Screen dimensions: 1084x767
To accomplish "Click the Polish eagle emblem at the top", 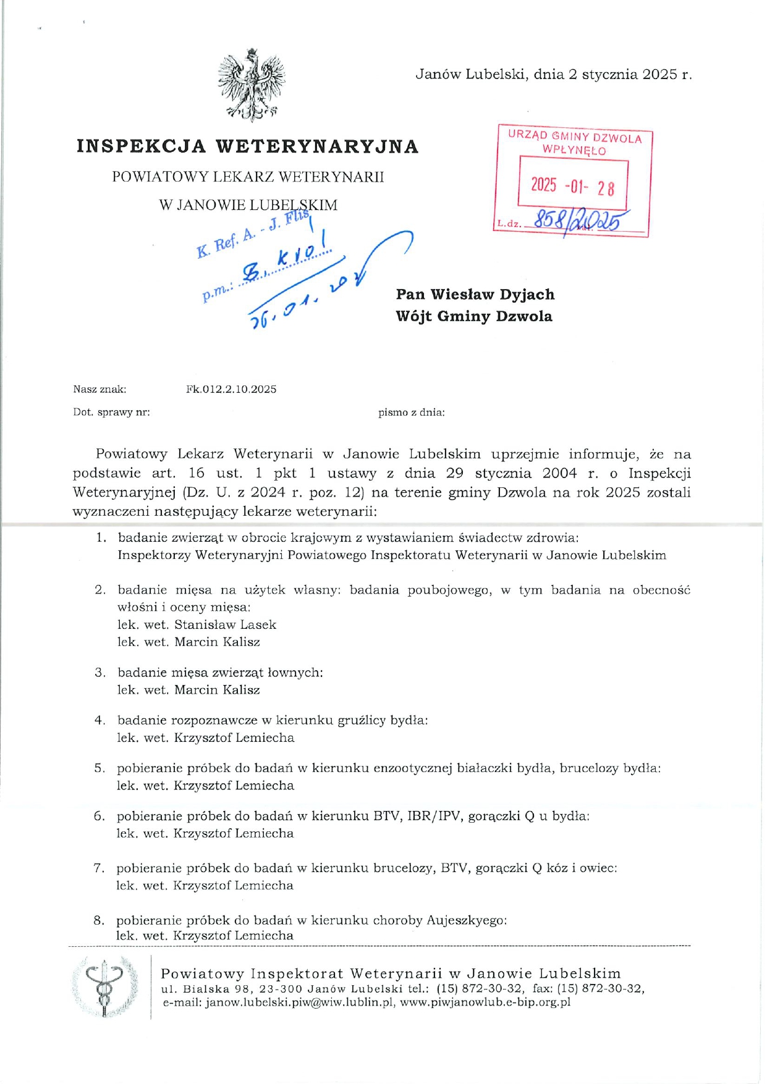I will (x=252, y=85).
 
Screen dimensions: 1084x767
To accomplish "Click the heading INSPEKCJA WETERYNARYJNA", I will (x=248, y=146).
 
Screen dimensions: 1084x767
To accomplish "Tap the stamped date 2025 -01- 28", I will (x=572, y=186).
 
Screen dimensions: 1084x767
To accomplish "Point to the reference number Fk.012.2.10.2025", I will (x=231, y=389).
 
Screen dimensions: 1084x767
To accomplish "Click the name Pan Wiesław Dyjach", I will (x=475, y=294).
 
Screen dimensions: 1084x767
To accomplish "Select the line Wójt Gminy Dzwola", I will (x=474, y=316).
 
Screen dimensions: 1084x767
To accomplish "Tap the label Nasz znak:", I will (x=100, y=389).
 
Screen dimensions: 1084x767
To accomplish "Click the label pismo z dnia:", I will (x=411, y=412).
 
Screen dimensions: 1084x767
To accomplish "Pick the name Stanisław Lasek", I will (x=225, y=624).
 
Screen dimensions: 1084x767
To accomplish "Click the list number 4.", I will (x=100, y=720).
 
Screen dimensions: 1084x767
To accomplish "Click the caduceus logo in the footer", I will (x=105, y=986).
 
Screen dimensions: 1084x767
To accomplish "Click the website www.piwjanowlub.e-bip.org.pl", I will (x=485, y=1002).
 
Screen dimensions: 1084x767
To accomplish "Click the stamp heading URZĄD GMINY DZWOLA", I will (x=575, y=137).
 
